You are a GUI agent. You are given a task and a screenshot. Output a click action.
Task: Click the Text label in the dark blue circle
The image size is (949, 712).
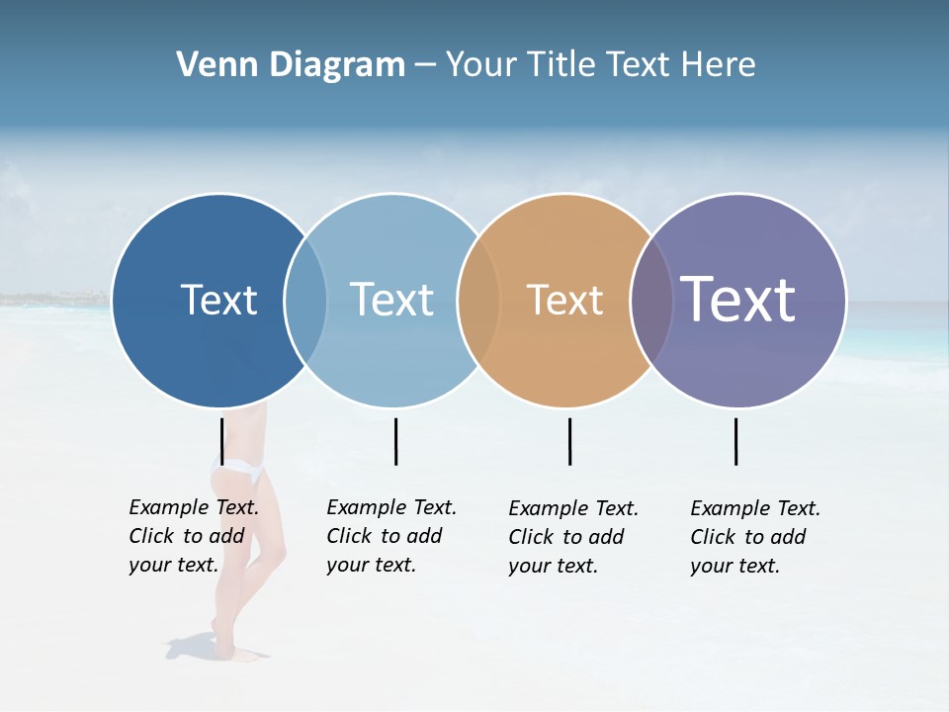pos(218,300)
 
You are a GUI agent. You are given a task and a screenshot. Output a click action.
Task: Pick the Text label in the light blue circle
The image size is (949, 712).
pos(391,300)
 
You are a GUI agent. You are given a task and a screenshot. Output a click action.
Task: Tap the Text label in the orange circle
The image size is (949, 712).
pos(564,300)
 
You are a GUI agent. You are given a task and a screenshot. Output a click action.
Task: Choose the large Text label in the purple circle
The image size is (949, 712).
pos(737,299)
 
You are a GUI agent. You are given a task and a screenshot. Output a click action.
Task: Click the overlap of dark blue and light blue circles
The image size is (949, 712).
pos(305,300)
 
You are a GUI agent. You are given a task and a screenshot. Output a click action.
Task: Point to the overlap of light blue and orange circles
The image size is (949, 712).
pos(478,300)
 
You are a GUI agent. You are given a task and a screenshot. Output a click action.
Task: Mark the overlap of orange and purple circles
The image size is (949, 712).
pos(651,300)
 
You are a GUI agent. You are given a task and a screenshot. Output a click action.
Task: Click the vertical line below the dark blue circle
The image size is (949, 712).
pos(221,441)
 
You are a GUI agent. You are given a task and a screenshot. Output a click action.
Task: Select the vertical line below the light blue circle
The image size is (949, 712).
pos(395,441)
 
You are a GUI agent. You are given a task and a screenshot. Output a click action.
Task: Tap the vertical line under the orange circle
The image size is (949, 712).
pos(569,441)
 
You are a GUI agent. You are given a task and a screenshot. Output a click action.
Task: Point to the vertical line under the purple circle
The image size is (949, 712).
pos(735,441)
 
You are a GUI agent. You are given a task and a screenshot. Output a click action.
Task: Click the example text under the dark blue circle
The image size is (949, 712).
pos(193,536)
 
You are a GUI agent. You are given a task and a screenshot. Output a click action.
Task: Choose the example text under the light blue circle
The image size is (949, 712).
pos(390,536)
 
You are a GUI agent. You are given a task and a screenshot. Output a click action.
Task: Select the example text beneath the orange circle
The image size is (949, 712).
pos(572,537)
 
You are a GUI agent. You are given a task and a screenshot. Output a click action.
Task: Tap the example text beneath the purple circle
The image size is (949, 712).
pos(754,537)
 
